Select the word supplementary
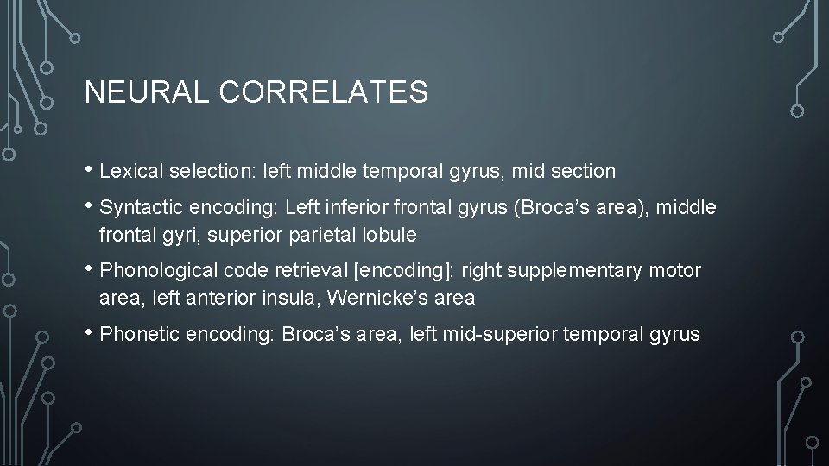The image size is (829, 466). (573, 271)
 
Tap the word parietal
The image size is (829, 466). (333, 235)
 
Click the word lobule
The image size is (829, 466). (392, 235)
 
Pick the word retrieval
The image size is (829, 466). (313, 271)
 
